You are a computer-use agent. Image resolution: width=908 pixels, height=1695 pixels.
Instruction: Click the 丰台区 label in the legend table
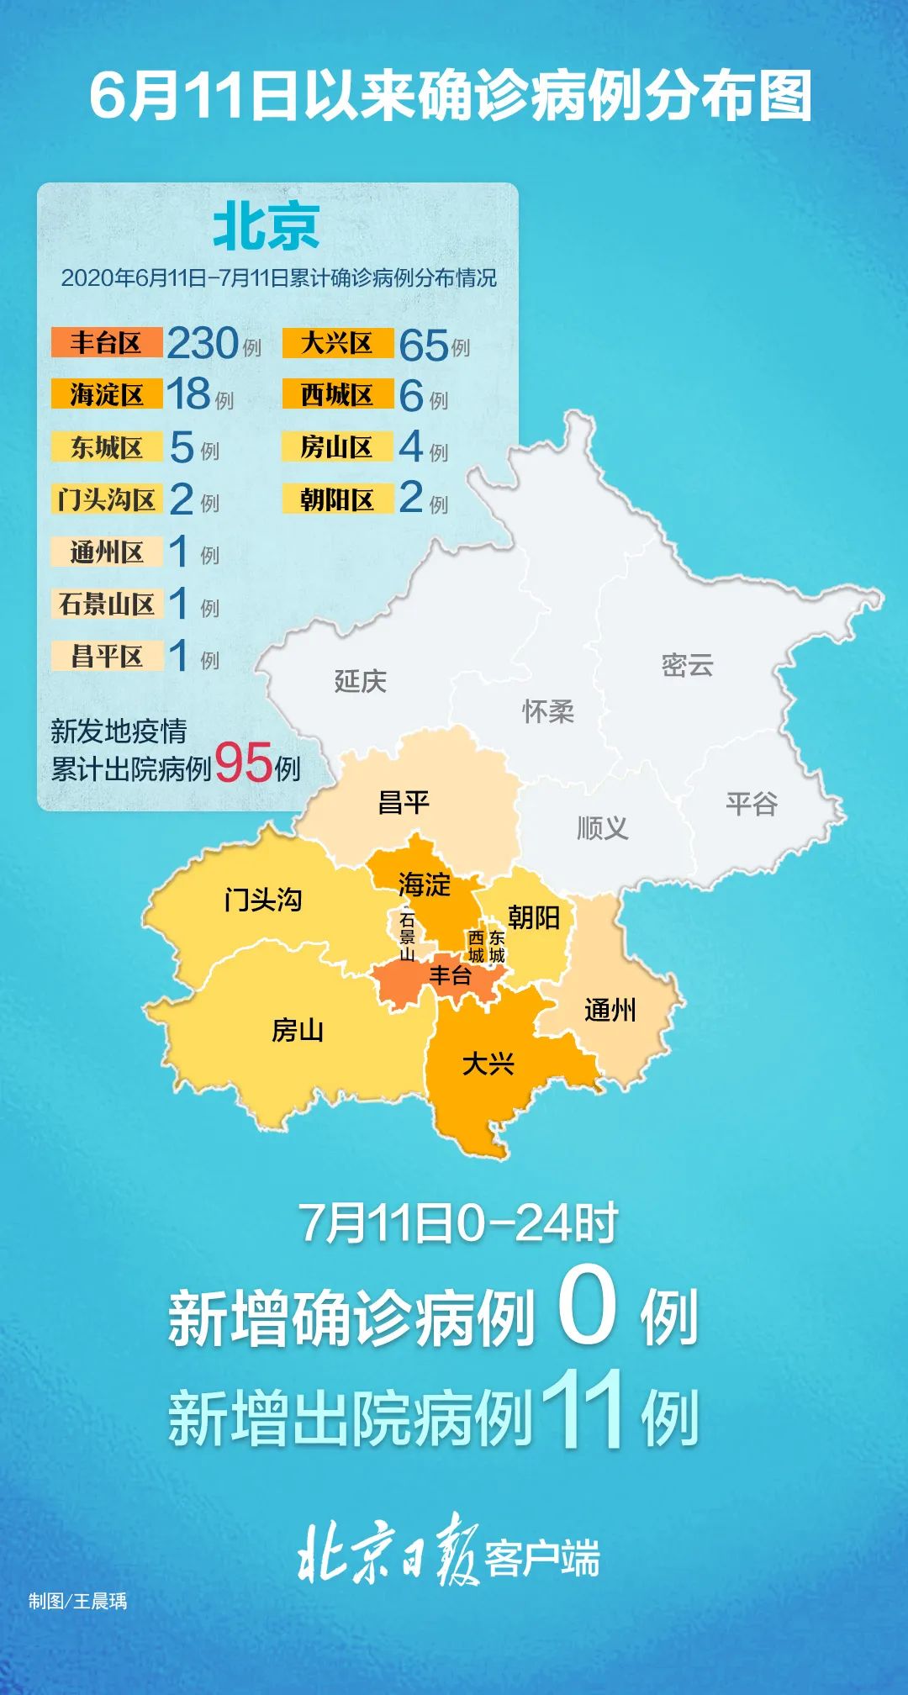pos(106,342)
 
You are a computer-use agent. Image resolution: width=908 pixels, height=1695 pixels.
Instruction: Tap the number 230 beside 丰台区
pos(203,343)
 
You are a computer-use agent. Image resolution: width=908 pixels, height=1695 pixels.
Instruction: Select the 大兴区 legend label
pos(337,342)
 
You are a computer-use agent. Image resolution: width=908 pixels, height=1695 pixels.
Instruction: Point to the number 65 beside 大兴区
pos(423,345)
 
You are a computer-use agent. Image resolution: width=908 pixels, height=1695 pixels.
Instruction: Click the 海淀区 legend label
pos(106,394)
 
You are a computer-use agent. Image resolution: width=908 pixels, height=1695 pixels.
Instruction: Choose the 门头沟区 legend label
pos(106,499)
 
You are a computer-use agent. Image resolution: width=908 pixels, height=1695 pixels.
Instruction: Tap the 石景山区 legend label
pos(106,604)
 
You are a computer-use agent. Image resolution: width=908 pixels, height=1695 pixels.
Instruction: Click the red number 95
pos(243,763)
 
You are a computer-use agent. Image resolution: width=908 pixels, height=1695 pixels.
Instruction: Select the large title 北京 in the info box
pos(266,227)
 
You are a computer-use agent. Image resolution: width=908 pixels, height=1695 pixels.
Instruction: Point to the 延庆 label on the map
pos(361,680)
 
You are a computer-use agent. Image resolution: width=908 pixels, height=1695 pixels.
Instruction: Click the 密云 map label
pos(687,665)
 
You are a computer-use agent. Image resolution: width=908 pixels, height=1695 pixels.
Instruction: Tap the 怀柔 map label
pos(548,711)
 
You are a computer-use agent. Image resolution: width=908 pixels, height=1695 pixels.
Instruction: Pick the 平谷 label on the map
pos(752,804)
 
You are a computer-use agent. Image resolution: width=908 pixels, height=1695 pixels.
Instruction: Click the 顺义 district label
pos(602,828)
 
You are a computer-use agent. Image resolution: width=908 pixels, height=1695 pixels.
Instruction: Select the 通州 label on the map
pos(610,1010)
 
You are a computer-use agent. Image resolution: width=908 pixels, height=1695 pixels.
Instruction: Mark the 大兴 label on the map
pos(488,1064)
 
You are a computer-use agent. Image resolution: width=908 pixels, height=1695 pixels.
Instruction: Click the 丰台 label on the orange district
pos(450,975)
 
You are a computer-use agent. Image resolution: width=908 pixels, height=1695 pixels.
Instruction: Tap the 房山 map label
pos(298,1030)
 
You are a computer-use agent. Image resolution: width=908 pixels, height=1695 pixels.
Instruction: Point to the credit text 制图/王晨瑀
pos(77,1601)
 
